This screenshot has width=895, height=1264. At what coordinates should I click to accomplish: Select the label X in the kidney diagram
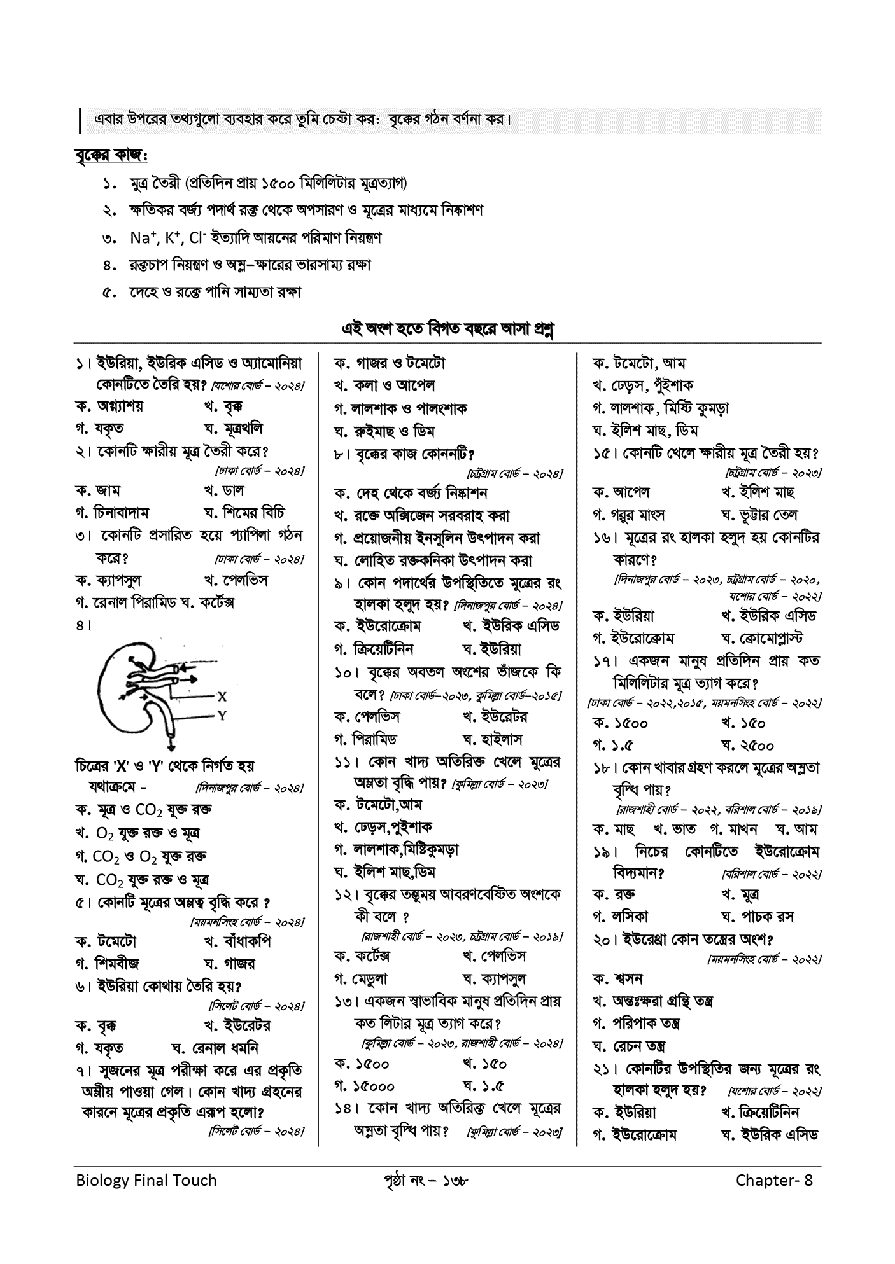(x=221, y=696)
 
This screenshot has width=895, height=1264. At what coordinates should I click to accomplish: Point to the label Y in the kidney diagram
(x=221, y=716)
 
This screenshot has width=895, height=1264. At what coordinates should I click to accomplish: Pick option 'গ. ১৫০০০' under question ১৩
(x=364, y=1086)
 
